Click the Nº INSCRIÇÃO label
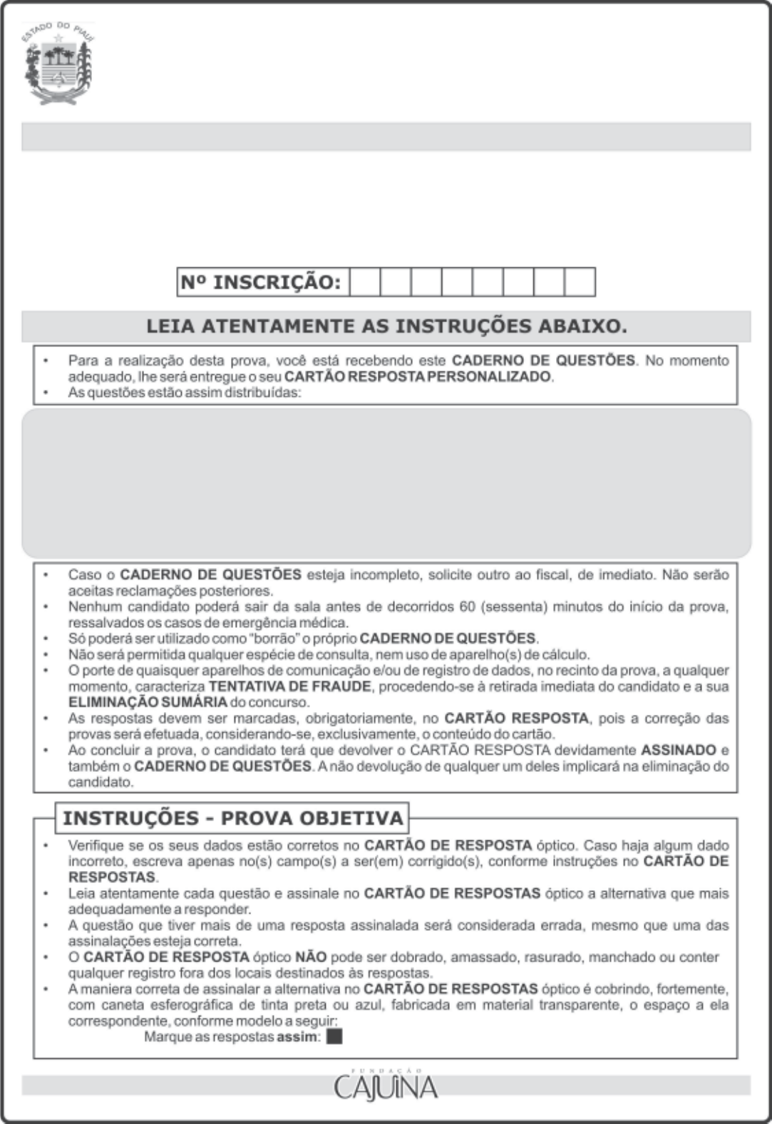click(x=261, y=282)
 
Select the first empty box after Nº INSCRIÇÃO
click(x=364, y=282)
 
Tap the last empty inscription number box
click(x=580, y=282)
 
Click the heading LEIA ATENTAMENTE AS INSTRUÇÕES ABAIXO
click(x=386, y=326)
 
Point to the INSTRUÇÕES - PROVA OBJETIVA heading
click(x=233, y=818)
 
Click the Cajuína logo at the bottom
click(x=386, y=1087)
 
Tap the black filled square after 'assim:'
click(x=334, y=1036)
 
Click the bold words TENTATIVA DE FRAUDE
click(x=289, y=686)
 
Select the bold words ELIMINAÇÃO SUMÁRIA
click(x=148, y=702)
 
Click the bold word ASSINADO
click(x=679, y=750)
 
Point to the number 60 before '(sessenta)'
click(x=467, y=607)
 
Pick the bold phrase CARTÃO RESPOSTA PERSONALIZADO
click(x=418, y=376)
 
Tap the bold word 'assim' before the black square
click(x=297, y=1036)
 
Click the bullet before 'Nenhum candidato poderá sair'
click(x=46, y=607)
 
